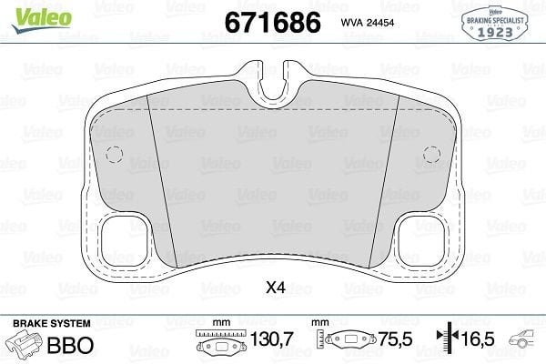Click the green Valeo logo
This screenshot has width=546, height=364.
[x=41, y=19]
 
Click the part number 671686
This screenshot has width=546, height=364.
[x=273, y=22]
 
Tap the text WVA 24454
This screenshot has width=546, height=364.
[x=368, y=23]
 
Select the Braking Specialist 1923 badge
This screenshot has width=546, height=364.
[x=495, y=24]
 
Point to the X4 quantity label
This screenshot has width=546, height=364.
[x=276, y=288]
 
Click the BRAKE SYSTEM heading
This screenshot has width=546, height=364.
[x=52, y=324]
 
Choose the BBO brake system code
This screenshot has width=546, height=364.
[x=70, y=345]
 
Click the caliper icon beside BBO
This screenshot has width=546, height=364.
[x=25, y=343]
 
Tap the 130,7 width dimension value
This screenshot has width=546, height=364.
[x=272, y=339]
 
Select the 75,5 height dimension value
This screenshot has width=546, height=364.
[x=395, y=339]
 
